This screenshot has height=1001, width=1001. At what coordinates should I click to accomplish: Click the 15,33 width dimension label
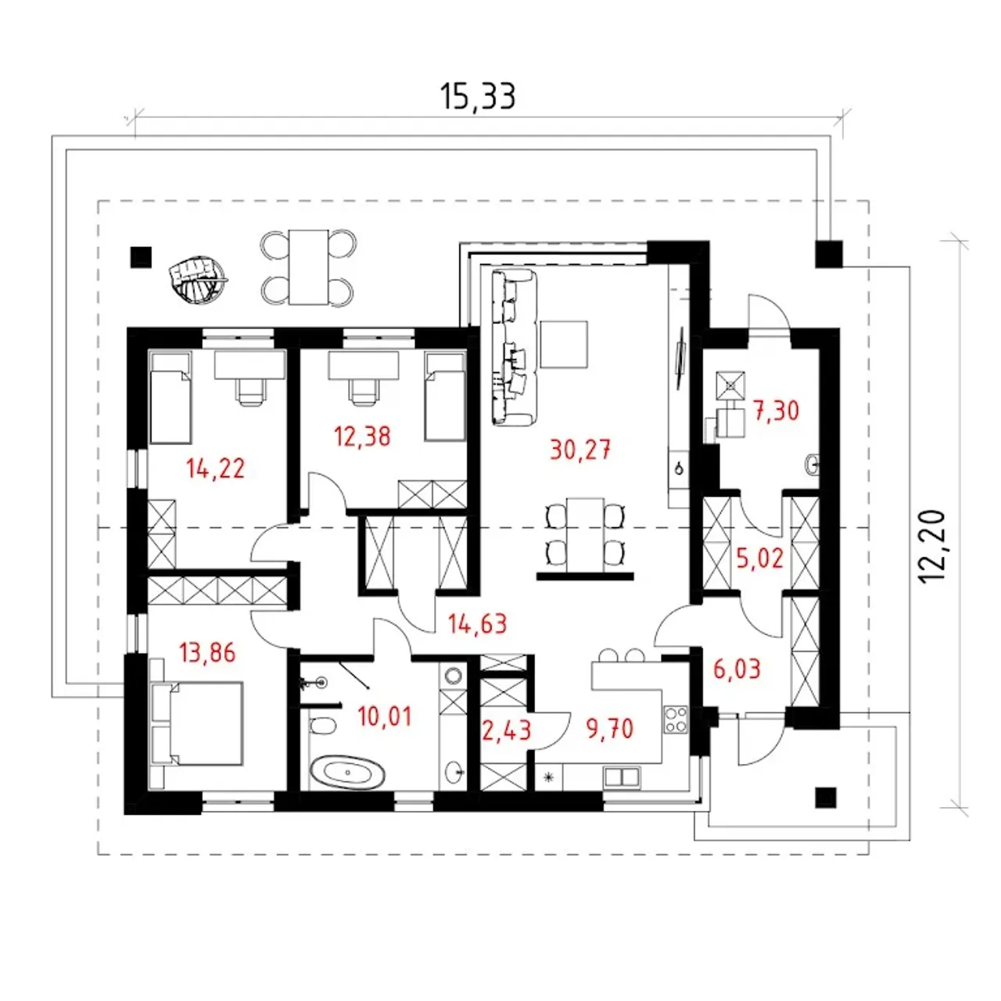click(477, 97)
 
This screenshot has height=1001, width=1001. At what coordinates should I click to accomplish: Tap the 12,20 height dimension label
click(935, 547)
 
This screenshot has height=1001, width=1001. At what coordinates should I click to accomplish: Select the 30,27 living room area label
click(580, 450)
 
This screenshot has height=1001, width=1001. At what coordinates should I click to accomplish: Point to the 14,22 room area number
click(216, 468)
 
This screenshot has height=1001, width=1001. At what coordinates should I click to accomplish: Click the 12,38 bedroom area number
click(362, 436)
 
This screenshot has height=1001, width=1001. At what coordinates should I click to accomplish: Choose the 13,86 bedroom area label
click(207, 652)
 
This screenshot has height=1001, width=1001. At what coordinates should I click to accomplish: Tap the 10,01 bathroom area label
click(385, 716)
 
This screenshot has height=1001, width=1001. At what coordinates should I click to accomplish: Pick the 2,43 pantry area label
click(507, 730)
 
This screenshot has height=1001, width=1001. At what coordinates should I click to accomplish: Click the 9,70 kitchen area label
click(610, 729)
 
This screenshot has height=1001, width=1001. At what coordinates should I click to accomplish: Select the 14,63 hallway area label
click(477, 623)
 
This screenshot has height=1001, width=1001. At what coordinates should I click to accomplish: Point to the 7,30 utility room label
click(776, 411)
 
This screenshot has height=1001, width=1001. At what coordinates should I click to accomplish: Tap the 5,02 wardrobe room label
click(760, 558)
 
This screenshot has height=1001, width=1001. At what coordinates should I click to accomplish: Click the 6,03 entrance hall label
click(737, 669)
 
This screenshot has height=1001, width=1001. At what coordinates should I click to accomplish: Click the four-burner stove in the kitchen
click(676, 719)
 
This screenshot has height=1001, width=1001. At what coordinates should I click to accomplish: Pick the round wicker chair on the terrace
click(197, 277)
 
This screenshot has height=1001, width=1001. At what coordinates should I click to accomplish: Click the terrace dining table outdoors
click(309, 267)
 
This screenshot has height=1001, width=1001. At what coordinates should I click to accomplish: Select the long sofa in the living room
click(514, 347)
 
